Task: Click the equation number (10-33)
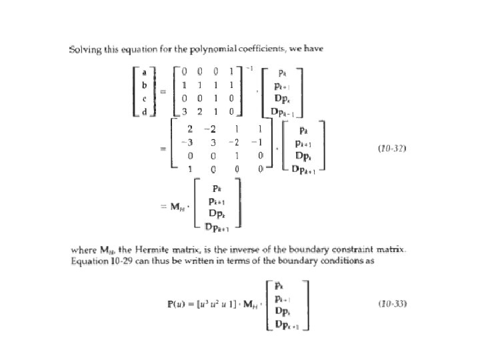(x=391, y=304)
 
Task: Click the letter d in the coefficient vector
(x=145, y=110)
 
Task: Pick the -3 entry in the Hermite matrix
(x=189, y=142)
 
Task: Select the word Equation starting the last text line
(x=90, y=261)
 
